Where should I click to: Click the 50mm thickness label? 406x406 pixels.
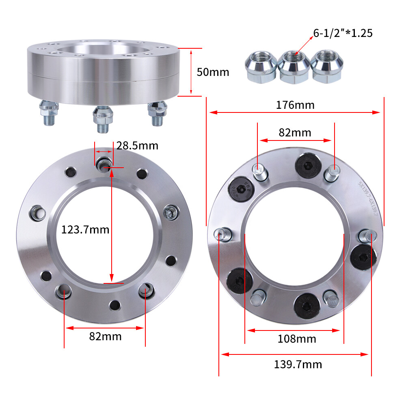pyautogui.click(x=213, y=72)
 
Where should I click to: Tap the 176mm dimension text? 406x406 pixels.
pyautogui.click(x=295, y=105)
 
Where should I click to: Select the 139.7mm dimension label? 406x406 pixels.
pyautogui.click(x=298, y=364)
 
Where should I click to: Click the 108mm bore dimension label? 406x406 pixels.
pyautogui.click(x=297, y=338)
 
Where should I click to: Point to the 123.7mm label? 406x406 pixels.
pyautogui.click(x=85, y=230)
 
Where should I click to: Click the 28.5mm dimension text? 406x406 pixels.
pyautogui.click(x=137, y=145)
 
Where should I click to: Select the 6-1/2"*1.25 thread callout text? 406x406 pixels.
pyautogui.click(x=343, y=33)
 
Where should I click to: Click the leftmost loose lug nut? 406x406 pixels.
pyautogui.click(x=260, y=67)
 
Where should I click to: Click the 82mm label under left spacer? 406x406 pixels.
pyautogui.click(x=105, y=336)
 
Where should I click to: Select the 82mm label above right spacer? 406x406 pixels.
pyautogui.click(x=295, y=133)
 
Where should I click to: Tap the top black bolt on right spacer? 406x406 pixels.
pyautogui.click(x=307, y=164)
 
